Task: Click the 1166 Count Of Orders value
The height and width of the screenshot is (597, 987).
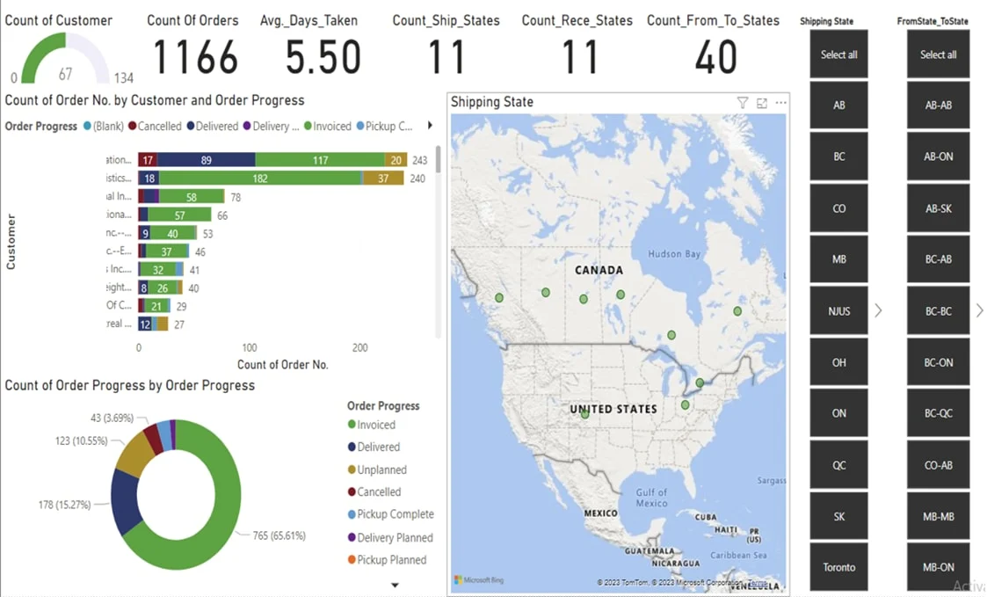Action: (196, 57)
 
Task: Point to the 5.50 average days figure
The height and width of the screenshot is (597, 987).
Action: (323, 57)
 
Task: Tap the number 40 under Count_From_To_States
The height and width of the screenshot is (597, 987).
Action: (715, 57)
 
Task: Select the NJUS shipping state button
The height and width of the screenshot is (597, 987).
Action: (838, 311)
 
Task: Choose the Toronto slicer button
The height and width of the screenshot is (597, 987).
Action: (838, 567)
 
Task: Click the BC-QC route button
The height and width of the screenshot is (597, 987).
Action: (939, 413)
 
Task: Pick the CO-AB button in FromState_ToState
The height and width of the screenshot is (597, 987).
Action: (939, 465)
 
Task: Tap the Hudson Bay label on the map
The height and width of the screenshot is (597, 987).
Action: (674, 254)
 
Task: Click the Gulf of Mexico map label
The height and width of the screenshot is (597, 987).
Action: (651, 498)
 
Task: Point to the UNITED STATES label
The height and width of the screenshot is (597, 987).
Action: (613, 409)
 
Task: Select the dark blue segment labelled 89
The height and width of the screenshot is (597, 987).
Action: (206, 160)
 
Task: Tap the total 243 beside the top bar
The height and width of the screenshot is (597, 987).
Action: (419, 160)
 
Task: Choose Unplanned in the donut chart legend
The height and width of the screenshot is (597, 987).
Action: (381, 470)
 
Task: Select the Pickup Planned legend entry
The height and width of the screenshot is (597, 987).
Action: (391, 560)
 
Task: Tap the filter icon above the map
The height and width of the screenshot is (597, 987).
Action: (743, 103)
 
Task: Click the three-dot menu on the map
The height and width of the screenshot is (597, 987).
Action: (780, 103)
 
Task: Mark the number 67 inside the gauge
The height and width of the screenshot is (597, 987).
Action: (66, 75)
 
